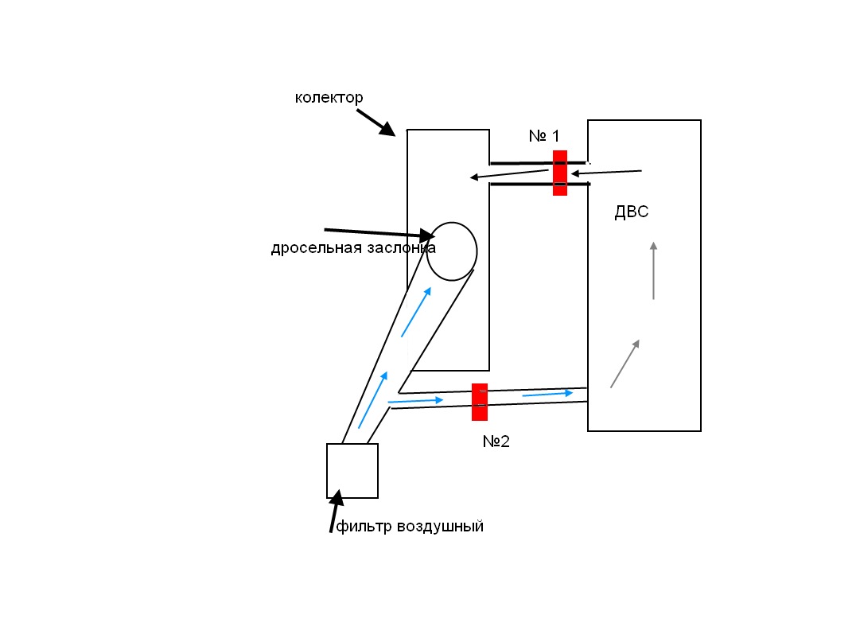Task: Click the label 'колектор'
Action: [329, 98]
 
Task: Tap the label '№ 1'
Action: [544, 136]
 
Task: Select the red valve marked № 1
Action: [560, 173]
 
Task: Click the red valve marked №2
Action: [479, 402]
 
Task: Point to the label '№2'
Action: [496, 442]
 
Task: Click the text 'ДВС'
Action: [632, 212]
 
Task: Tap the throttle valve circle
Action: [452, 251]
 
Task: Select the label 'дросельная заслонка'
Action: [353, 248]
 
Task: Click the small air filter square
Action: [352, 471]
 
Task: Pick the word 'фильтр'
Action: [362, 527]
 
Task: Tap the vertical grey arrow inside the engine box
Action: [654, 270]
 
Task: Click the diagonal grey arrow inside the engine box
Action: [624, 364]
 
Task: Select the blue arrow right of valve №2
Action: [547, 393]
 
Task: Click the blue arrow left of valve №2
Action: [415, 401]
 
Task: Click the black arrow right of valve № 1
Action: [606, 172]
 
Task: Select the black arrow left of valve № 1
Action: [509, 174]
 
